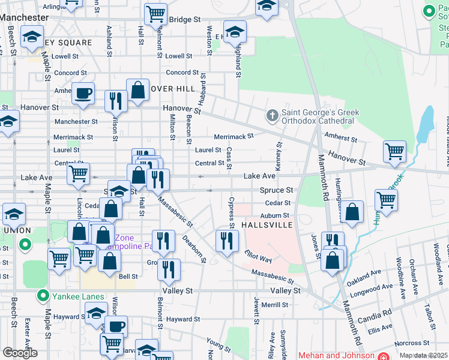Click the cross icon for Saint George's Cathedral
272,115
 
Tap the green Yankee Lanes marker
43,295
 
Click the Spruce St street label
276,190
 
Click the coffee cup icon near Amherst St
83,94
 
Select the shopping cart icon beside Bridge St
155,13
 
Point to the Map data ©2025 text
424,355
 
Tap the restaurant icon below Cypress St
226,241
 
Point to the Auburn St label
274,215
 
